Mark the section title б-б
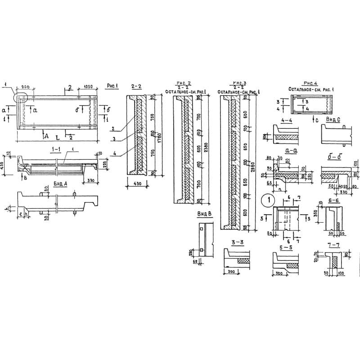333,157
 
